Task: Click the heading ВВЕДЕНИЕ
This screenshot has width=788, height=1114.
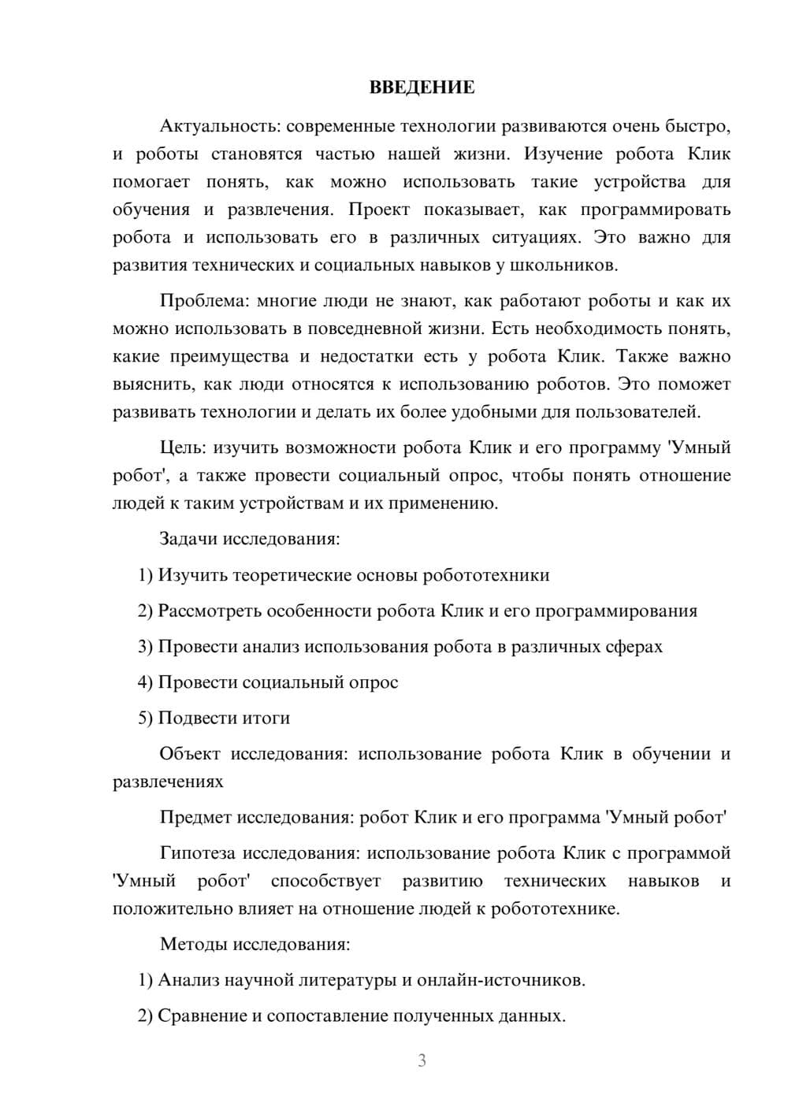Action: (x=422, y=87)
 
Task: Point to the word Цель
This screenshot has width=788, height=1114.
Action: (x=182, y=447)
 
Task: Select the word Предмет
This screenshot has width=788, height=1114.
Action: (x=195, y=817)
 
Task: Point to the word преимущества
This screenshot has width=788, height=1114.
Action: (x=229, y=357)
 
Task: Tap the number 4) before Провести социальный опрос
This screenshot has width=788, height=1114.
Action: (x=145, y=682)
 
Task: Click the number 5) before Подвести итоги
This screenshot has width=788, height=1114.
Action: (x=145, y=718)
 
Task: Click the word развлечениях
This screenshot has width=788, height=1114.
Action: (x=168, y=782)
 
